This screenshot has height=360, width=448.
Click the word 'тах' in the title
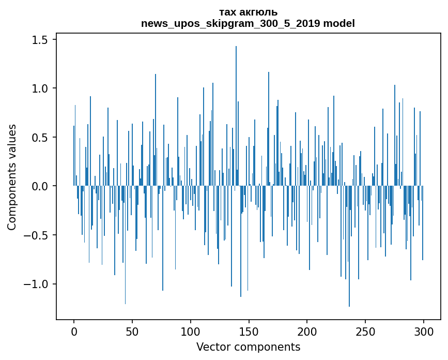(227, 12)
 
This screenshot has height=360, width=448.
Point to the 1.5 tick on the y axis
(41, 40)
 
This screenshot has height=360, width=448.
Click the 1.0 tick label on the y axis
(41, 88)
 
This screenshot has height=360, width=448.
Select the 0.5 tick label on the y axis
(41, 138)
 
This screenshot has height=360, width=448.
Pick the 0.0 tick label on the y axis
(41, 186)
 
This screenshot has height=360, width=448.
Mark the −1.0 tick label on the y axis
(38, 284)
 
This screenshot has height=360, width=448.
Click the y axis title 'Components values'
(12, 177)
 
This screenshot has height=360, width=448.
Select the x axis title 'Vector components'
(248, 347)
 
